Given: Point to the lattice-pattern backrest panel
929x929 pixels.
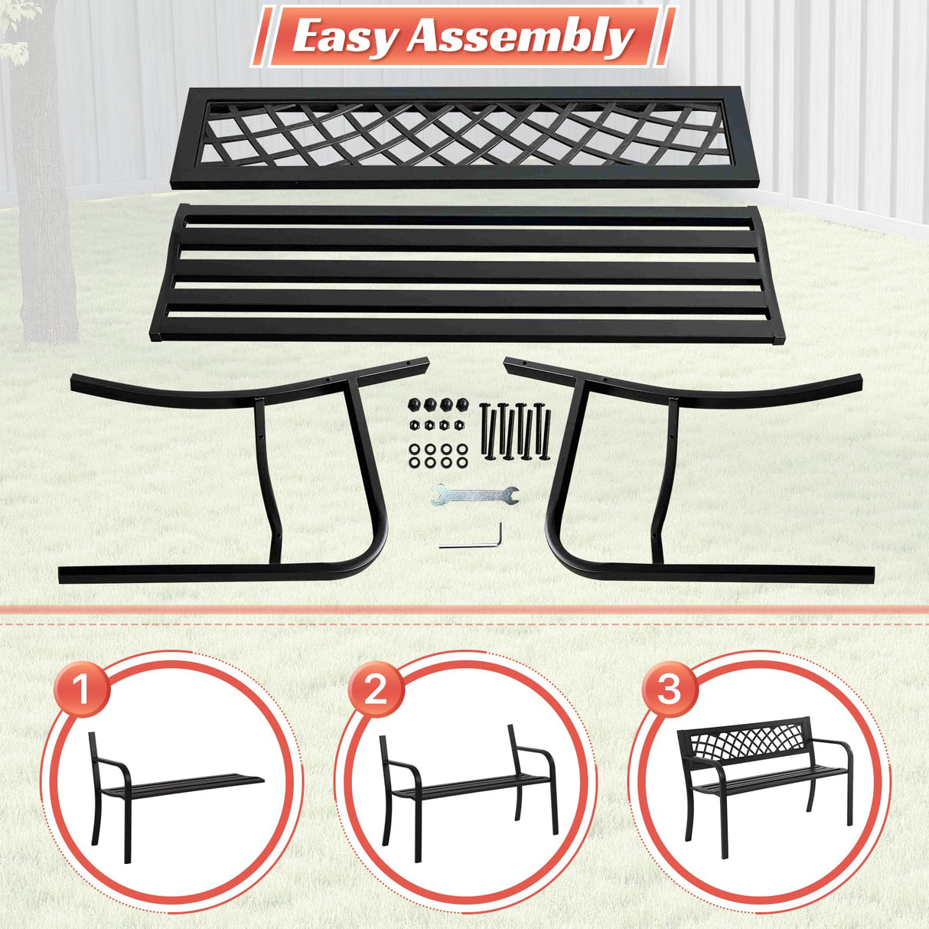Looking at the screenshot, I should (464, 136).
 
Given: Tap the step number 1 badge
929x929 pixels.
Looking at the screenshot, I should (82, 689).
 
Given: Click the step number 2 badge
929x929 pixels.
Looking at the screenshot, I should (375, 689).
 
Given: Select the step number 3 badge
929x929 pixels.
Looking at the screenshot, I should (669, 688).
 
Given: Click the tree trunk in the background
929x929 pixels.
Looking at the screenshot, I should (46, 191).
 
